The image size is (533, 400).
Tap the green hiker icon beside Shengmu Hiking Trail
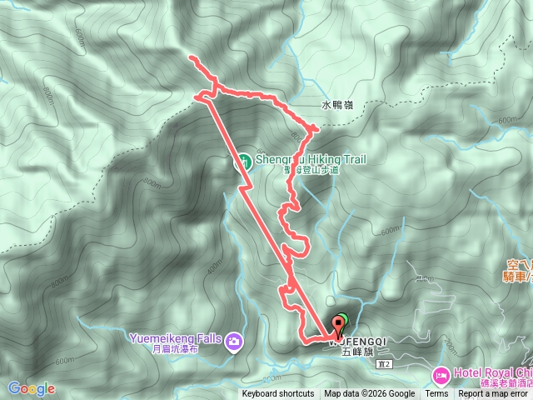point(245,161)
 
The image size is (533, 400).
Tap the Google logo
point(32,388)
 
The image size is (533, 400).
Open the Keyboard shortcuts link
point(278,394)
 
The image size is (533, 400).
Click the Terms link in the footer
point(436,394)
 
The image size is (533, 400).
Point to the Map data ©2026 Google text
point(370,394)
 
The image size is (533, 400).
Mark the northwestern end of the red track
point(192,57)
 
